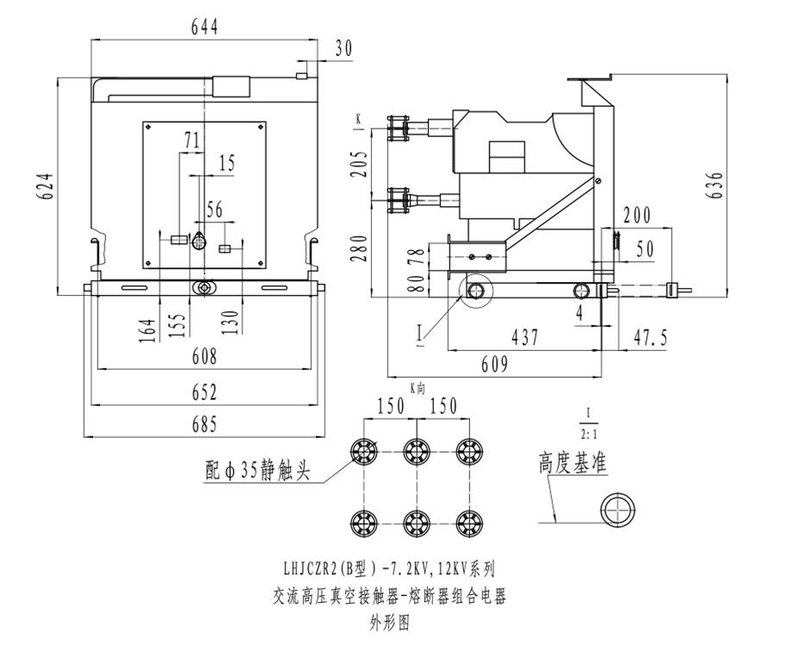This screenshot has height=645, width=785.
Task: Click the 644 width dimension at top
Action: coord(204,26)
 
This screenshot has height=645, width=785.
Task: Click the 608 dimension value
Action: coord(204,356)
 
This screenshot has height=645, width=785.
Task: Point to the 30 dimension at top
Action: coord(342,49)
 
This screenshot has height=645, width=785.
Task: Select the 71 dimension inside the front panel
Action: coord(192,141)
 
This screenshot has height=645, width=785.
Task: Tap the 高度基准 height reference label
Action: coord(573,463)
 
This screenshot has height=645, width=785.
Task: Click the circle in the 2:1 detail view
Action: coord(618,509)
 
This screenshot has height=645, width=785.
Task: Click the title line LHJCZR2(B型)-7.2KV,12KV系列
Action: coord(388,568)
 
